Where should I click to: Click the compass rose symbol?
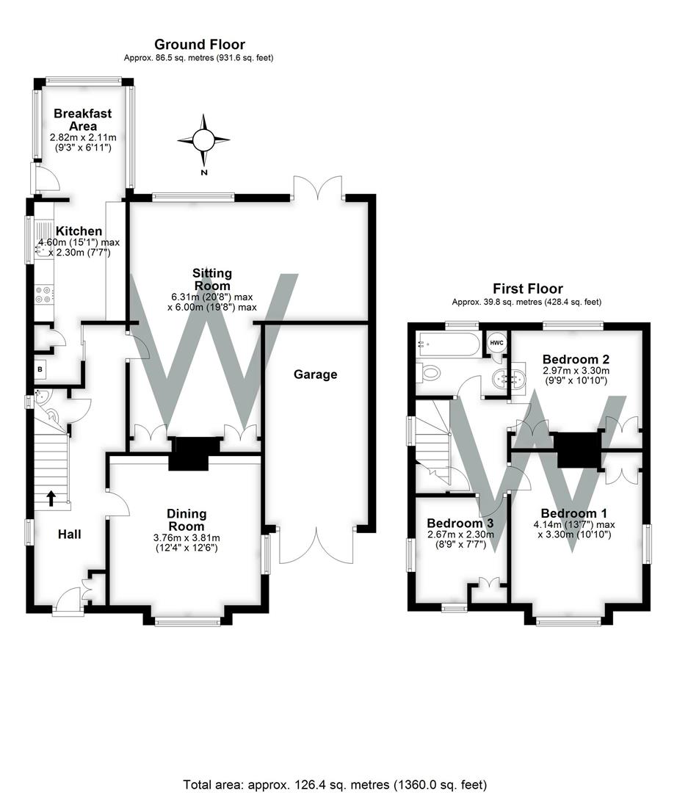pyautogui.click(x=203, y=140)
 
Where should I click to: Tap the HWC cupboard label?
pyautogui.click(x=496, y=343)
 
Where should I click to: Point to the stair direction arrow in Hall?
pyautogui.click(x=51, y=499)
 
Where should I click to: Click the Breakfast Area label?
pyautogui.click(x=82, y=120)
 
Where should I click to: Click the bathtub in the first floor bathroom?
pyautogui.click(x=447, y=344)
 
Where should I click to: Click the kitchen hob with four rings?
pyautogui.click(x=41, y=294)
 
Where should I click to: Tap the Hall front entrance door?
pyautogui.click(x=70, y=598)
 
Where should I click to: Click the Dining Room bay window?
pyautogui.click(x=187, y=621)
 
